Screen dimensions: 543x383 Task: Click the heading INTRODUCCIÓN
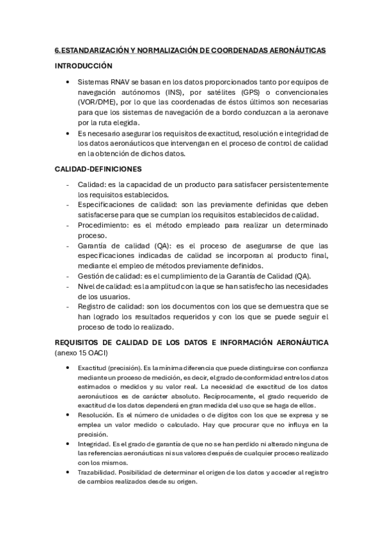pos(83,66)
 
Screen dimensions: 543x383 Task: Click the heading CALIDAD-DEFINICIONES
pos(98,168)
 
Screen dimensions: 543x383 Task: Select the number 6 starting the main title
pos(56,49)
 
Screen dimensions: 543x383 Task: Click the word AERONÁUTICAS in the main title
pos(295,49)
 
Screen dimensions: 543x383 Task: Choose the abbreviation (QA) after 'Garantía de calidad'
pos(164,245)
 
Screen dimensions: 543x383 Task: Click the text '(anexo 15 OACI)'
pos(81,353)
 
